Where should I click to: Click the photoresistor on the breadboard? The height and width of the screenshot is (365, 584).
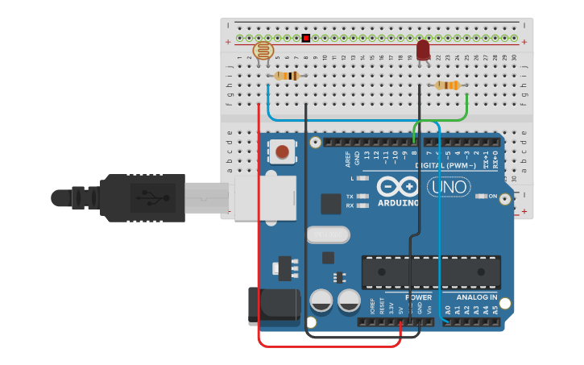pos(263,51)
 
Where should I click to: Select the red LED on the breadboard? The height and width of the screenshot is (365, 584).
pos(423,50)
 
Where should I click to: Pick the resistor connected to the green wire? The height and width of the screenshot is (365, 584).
pos(447,85)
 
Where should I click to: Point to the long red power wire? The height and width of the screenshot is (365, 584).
pos(259,242)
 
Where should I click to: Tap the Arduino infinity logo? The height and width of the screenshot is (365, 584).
pos(398,187)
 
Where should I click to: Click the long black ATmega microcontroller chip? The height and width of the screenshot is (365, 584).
pos(430,272)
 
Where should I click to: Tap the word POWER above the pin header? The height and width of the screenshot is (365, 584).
pos(418,297)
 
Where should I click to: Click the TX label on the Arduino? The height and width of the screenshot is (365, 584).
pos(350,197)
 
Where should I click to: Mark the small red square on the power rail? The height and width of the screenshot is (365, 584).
pos(306,38)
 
